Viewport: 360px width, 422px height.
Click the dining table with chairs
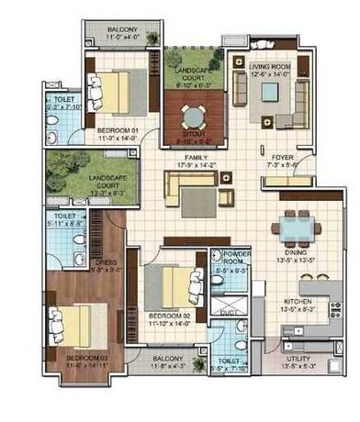[295, 225]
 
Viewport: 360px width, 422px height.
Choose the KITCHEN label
[301, 300]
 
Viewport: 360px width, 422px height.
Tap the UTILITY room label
[304, 358]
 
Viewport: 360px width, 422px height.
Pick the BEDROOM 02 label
[168, 315]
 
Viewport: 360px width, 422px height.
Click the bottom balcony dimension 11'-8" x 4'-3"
[167, 368]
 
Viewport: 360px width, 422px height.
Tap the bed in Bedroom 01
[116, 92]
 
